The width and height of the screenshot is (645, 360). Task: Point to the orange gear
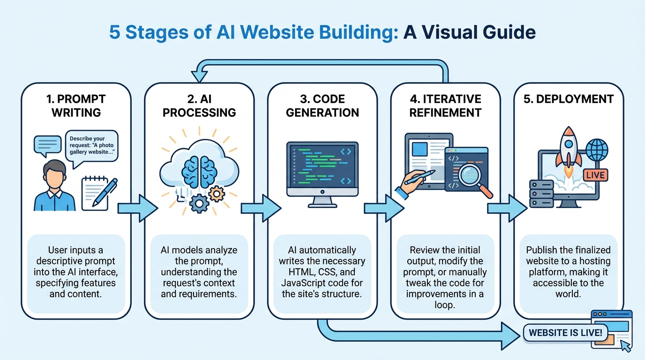point(216,193)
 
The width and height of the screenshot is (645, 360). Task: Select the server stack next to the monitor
point(541,194)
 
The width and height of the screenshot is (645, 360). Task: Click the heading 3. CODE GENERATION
point(322,106)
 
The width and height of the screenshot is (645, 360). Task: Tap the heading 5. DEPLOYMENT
point(569,99)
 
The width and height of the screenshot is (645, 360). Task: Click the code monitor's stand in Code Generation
point(322,202)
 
